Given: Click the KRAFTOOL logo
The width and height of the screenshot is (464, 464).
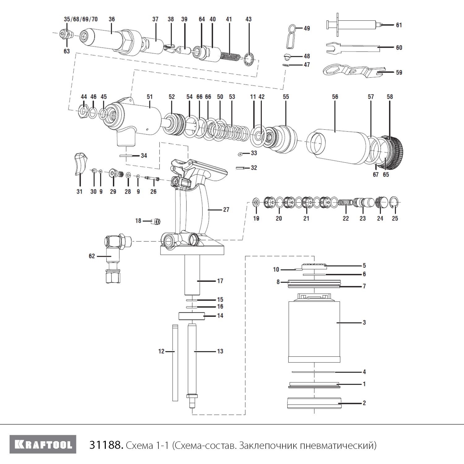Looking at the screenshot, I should pyautogui.click(x=43, y=445).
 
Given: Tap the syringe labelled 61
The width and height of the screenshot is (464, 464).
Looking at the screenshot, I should pyautogui.click(x=356, y=24).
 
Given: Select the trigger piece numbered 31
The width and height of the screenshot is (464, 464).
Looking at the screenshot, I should pyautogui.click(x=80, y=163).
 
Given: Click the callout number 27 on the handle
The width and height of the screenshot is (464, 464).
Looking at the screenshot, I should pyautogui.click(x=226, y=209).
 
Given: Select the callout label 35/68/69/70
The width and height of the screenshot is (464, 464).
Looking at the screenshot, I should pyautogui.click(x=81, y=19).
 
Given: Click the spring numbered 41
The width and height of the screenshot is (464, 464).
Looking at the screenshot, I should pyautogui.click(x=230, y=56).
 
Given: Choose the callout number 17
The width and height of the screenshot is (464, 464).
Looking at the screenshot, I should pyautogui.click(x=220, y=281).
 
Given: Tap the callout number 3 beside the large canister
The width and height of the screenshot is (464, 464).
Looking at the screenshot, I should pyautogui.click(x=364, y=322).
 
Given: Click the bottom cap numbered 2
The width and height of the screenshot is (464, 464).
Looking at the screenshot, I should pyautogui.click(x=314, y=403).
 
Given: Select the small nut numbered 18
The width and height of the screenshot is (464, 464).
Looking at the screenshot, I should pyautogui.click(x=157, y=221).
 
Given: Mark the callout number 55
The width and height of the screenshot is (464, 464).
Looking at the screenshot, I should pyautogui.click(x=286, y=97).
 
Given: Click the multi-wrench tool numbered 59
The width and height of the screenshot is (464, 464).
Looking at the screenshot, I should pyautogui.click(x=353, y=70).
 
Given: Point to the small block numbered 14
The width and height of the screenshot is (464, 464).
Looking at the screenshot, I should pyautogui.click(x=191, y=316).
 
